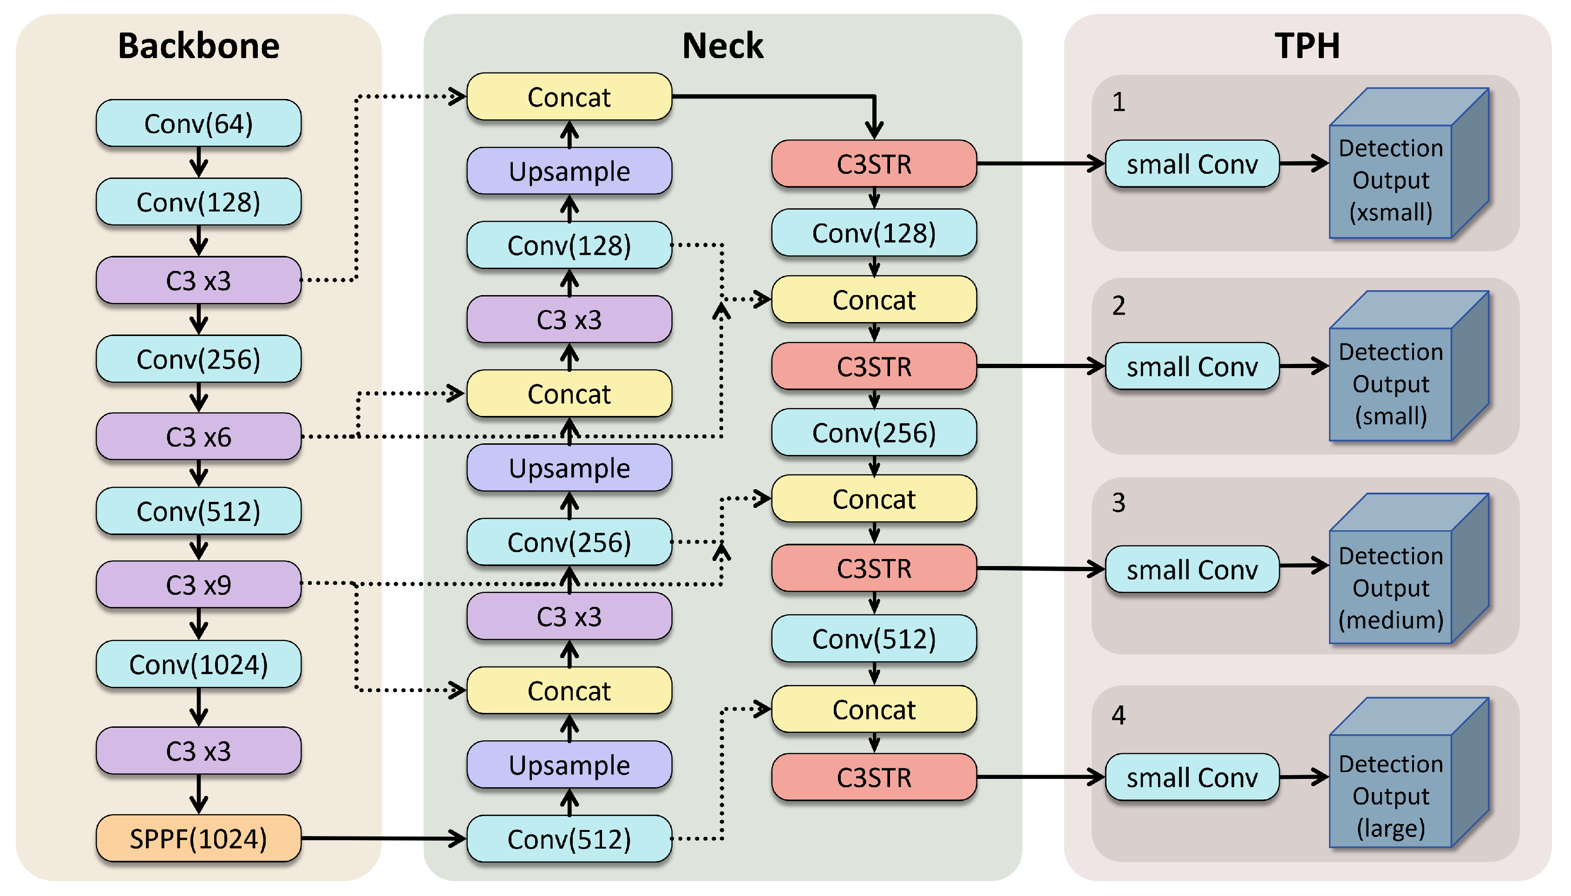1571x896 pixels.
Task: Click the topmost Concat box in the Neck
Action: (569, 97)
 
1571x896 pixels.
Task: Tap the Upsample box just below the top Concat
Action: (569, 171)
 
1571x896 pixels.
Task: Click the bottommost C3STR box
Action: (873, 777)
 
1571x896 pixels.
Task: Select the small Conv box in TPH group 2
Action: (1191, 367)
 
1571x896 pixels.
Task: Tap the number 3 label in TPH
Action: (1118, 503)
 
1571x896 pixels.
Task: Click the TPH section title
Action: (1307, 46)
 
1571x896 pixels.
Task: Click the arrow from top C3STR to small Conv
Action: (1040, 164)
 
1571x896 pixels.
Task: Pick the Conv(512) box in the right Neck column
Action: (873, 639)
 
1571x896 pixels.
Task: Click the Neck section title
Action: (722, 46)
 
